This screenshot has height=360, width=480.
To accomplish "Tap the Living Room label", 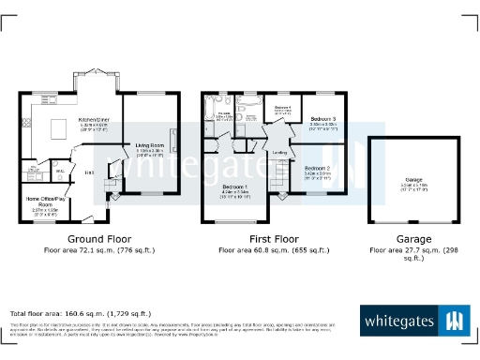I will pyautogui.click(x=150, y=145).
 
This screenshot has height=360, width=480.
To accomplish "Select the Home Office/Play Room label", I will pyautogui.click(x=45, y=200).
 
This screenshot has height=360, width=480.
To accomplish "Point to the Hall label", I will pyautogui.click(x=89, y=172).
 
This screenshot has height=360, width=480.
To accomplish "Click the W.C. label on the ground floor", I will pyautogui.click(x=59, y=172).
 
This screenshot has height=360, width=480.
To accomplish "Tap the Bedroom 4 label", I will pyautogui.click(x=282, y=109).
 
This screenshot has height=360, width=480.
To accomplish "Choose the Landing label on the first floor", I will pyautogui.click(x=279, y=152).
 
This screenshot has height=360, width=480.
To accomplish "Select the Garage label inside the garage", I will pyautogui.click(x=414, y=182).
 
